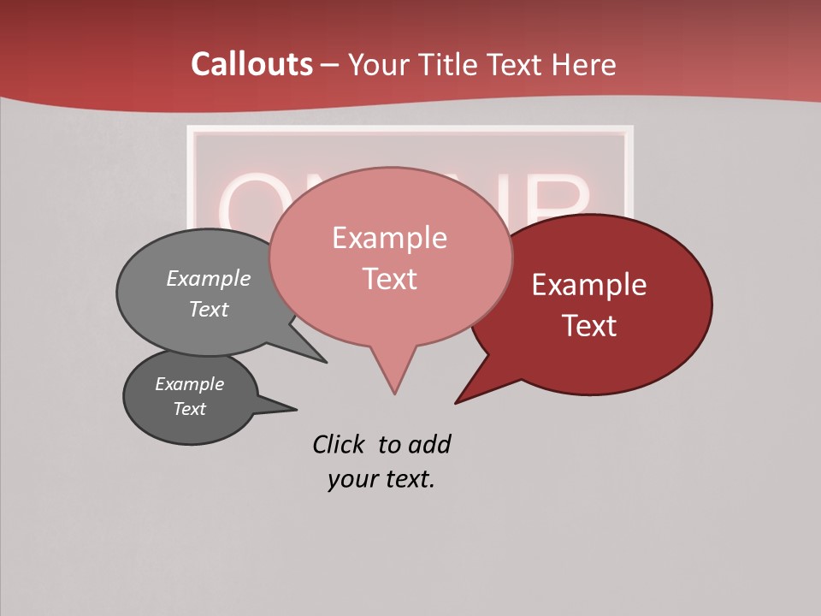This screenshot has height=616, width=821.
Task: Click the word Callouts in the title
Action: pyautogui.click(x=251, y=64)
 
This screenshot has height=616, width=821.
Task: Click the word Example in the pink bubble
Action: pyautogui.click(x=389, y=237)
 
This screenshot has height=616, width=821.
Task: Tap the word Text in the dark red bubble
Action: pyautogui.click(x=589, y=326)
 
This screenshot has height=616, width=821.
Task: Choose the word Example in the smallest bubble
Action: pyautogui.click(x=189, y=384)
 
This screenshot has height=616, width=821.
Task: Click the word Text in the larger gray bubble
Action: pyautogui.click(x=209, y=310)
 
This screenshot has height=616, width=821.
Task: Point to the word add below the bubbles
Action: pyautogui.click(x=429, y=444)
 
